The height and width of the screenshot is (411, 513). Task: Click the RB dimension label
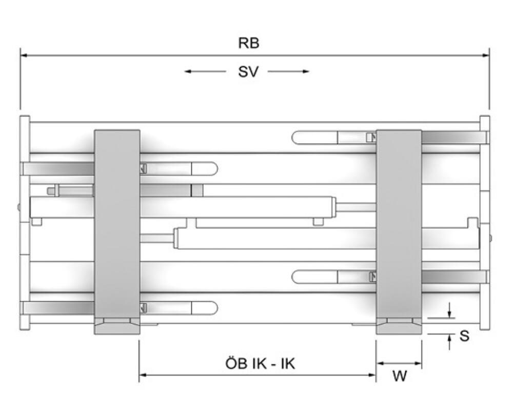[249, 43]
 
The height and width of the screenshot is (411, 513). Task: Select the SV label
[248, 72]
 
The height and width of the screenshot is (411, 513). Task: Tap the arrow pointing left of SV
[205, 71]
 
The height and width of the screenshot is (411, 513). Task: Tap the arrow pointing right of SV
[288, 71]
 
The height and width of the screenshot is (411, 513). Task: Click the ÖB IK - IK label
[260, 363]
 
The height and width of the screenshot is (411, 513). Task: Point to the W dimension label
[400, 376]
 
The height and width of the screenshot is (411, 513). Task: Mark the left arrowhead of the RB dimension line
[24, 55]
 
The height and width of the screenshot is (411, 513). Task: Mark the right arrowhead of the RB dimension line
[486, 55]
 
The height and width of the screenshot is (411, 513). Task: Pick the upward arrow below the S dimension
[449, 342]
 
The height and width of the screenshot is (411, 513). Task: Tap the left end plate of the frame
[25, 223]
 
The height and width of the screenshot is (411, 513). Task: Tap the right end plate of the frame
[485, 223]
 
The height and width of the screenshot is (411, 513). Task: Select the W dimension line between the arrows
[399, 363]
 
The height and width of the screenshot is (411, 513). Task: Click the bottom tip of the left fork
[117, 334]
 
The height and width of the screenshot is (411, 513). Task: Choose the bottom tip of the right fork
[399, 334]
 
